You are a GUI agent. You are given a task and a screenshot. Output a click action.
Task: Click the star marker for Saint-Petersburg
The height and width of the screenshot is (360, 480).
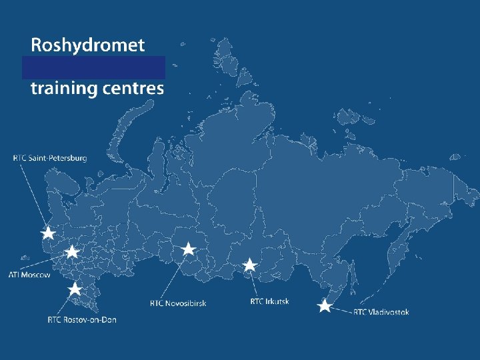point(48,233)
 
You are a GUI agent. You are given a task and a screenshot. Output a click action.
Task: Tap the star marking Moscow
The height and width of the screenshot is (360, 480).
point(72,252)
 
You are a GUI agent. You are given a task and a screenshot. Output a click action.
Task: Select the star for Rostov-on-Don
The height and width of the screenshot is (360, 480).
point(75,289)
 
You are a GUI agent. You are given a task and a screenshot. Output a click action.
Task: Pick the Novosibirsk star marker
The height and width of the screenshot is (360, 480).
point(189,249)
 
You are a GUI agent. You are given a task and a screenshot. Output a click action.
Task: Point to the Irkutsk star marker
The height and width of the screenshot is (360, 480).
point(249,265)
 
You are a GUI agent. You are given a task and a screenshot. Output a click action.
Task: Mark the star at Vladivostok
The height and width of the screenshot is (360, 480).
point(324,306)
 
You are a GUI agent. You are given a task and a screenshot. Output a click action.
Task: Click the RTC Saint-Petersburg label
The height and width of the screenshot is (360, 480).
point(50,158)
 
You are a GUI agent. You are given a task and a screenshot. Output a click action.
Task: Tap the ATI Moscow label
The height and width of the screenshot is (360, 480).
point(29,275)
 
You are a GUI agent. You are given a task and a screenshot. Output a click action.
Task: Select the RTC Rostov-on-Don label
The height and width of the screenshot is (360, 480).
point(82,320)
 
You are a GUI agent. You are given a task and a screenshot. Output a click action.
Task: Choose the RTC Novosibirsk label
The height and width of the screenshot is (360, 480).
point(178,303)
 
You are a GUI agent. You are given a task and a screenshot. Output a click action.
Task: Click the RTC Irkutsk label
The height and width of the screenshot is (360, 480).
point(269,301)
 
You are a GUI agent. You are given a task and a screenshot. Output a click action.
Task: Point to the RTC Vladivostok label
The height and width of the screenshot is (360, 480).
point(381,312)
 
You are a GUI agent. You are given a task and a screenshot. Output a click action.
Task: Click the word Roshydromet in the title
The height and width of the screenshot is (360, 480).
point(87,45)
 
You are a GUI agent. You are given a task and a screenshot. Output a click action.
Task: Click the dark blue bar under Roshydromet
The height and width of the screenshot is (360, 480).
point(93,67)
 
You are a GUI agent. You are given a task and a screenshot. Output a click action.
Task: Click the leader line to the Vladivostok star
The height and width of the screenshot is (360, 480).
point(341,309)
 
